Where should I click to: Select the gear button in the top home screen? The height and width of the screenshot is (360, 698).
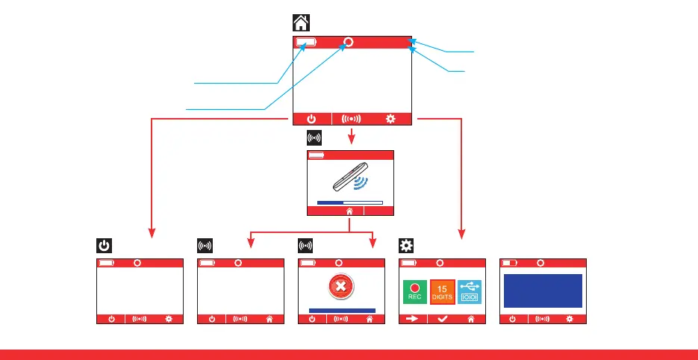click(x=390, y=118)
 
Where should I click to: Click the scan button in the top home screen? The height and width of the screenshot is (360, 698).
click(x=351, y=118)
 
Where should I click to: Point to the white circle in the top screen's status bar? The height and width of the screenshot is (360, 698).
click(x=348, y=42)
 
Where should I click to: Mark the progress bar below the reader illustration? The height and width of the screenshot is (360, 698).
click(x=349, y=202)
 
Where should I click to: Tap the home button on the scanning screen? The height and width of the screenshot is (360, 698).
click(x=349, y=211)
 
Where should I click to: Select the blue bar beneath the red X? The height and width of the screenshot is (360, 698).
click(x=342, y=310)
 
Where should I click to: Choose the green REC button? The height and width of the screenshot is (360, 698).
click(x=414, y=291)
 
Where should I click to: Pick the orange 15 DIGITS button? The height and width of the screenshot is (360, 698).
click(x=442, y=291)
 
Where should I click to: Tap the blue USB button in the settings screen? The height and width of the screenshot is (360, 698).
click(x=470, y=291)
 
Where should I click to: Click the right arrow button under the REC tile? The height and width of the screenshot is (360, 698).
click(x=413, y=319)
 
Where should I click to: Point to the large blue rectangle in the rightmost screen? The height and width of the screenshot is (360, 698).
click(x=543, y=290)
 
